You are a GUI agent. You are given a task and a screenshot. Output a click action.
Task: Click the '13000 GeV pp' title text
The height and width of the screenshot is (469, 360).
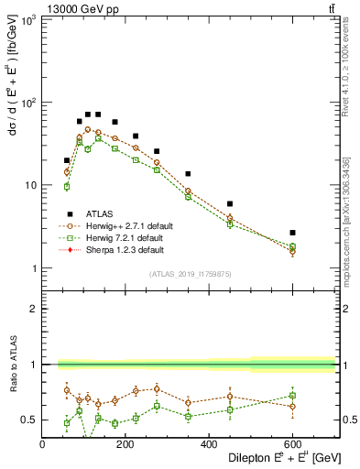tap(79, 8)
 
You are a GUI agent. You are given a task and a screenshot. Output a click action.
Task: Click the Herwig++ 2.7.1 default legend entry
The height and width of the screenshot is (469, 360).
tap(128, 224)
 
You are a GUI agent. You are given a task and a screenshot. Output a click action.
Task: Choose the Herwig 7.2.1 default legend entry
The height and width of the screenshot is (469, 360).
tap(124, 237)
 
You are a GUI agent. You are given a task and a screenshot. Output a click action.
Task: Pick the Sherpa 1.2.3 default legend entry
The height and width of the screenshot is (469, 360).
tap(125, 249)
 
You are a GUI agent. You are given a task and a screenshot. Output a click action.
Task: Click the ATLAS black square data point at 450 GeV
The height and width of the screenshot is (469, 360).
tap(230, 204)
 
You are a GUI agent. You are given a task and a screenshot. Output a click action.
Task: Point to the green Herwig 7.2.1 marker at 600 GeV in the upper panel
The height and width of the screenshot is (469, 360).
tap(292, 246)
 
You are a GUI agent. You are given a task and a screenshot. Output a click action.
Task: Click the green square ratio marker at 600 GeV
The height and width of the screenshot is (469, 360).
tap(292, 396)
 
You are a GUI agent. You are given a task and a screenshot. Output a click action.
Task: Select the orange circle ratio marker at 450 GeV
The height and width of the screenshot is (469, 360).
tap(230, 397)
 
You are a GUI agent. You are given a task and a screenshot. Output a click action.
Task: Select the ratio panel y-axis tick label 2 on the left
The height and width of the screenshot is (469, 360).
tap(33, 309)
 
